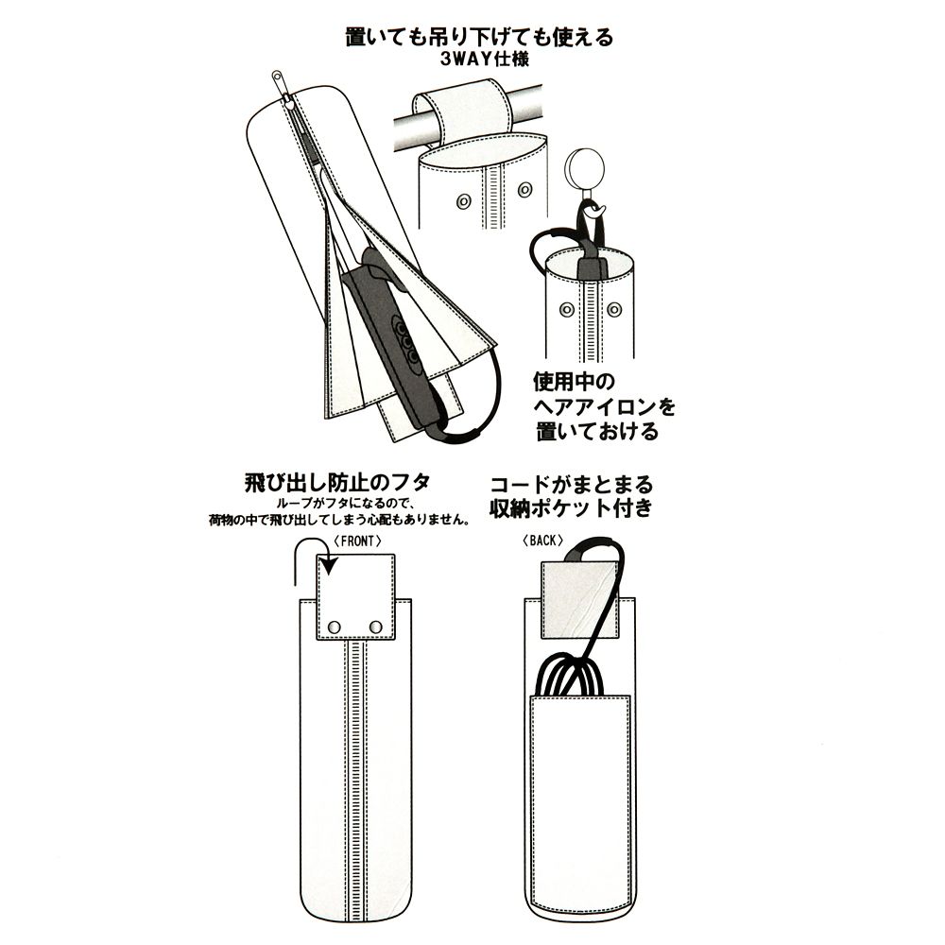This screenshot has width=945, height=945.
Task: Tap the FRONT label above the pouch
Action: coord(357,541)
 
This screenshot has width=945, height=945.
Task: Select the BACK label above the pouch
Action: coord(542,541)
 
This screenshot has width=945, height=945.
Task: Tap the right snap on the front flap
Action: coord(375,627)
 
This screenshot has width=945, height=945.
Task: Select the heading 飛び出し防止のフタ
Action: coord(337,483)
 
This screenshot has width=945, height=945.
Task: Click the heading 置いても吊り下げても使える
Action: coord(479,37)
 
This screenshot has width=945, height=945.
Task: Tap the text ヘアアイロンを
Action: coord(604,406)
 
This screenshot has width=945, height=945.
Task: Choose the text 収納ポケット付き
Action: coord(571,507)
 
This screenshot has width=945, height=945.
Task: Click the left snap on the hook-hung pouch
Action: coord(566,310)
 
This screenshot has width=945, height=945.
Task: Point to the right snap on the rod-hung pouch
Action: coord(525,190)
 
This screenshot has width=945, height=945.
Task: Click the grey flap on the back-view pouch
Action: coord(580,600)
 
